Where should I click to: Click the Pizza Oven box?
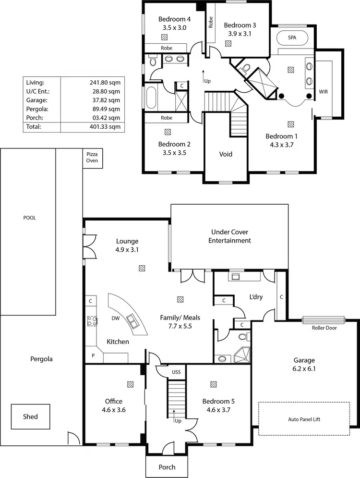92,157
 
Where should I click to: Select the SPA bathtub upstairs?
292,37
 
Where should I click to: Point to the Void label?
226,154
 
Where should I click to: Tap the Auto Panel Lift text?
305,419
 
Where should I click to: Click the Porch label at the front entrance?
167,467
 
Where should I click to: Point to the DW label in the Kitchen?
115,318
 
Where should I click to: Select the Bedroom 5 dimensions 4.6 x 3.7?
218,410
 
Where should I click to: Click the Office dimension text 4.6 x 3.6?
114,410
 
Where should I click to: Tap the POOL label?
30,218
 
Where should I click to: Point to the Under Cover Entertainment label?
229,236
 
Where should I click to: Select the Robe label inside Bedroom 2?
167,118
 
